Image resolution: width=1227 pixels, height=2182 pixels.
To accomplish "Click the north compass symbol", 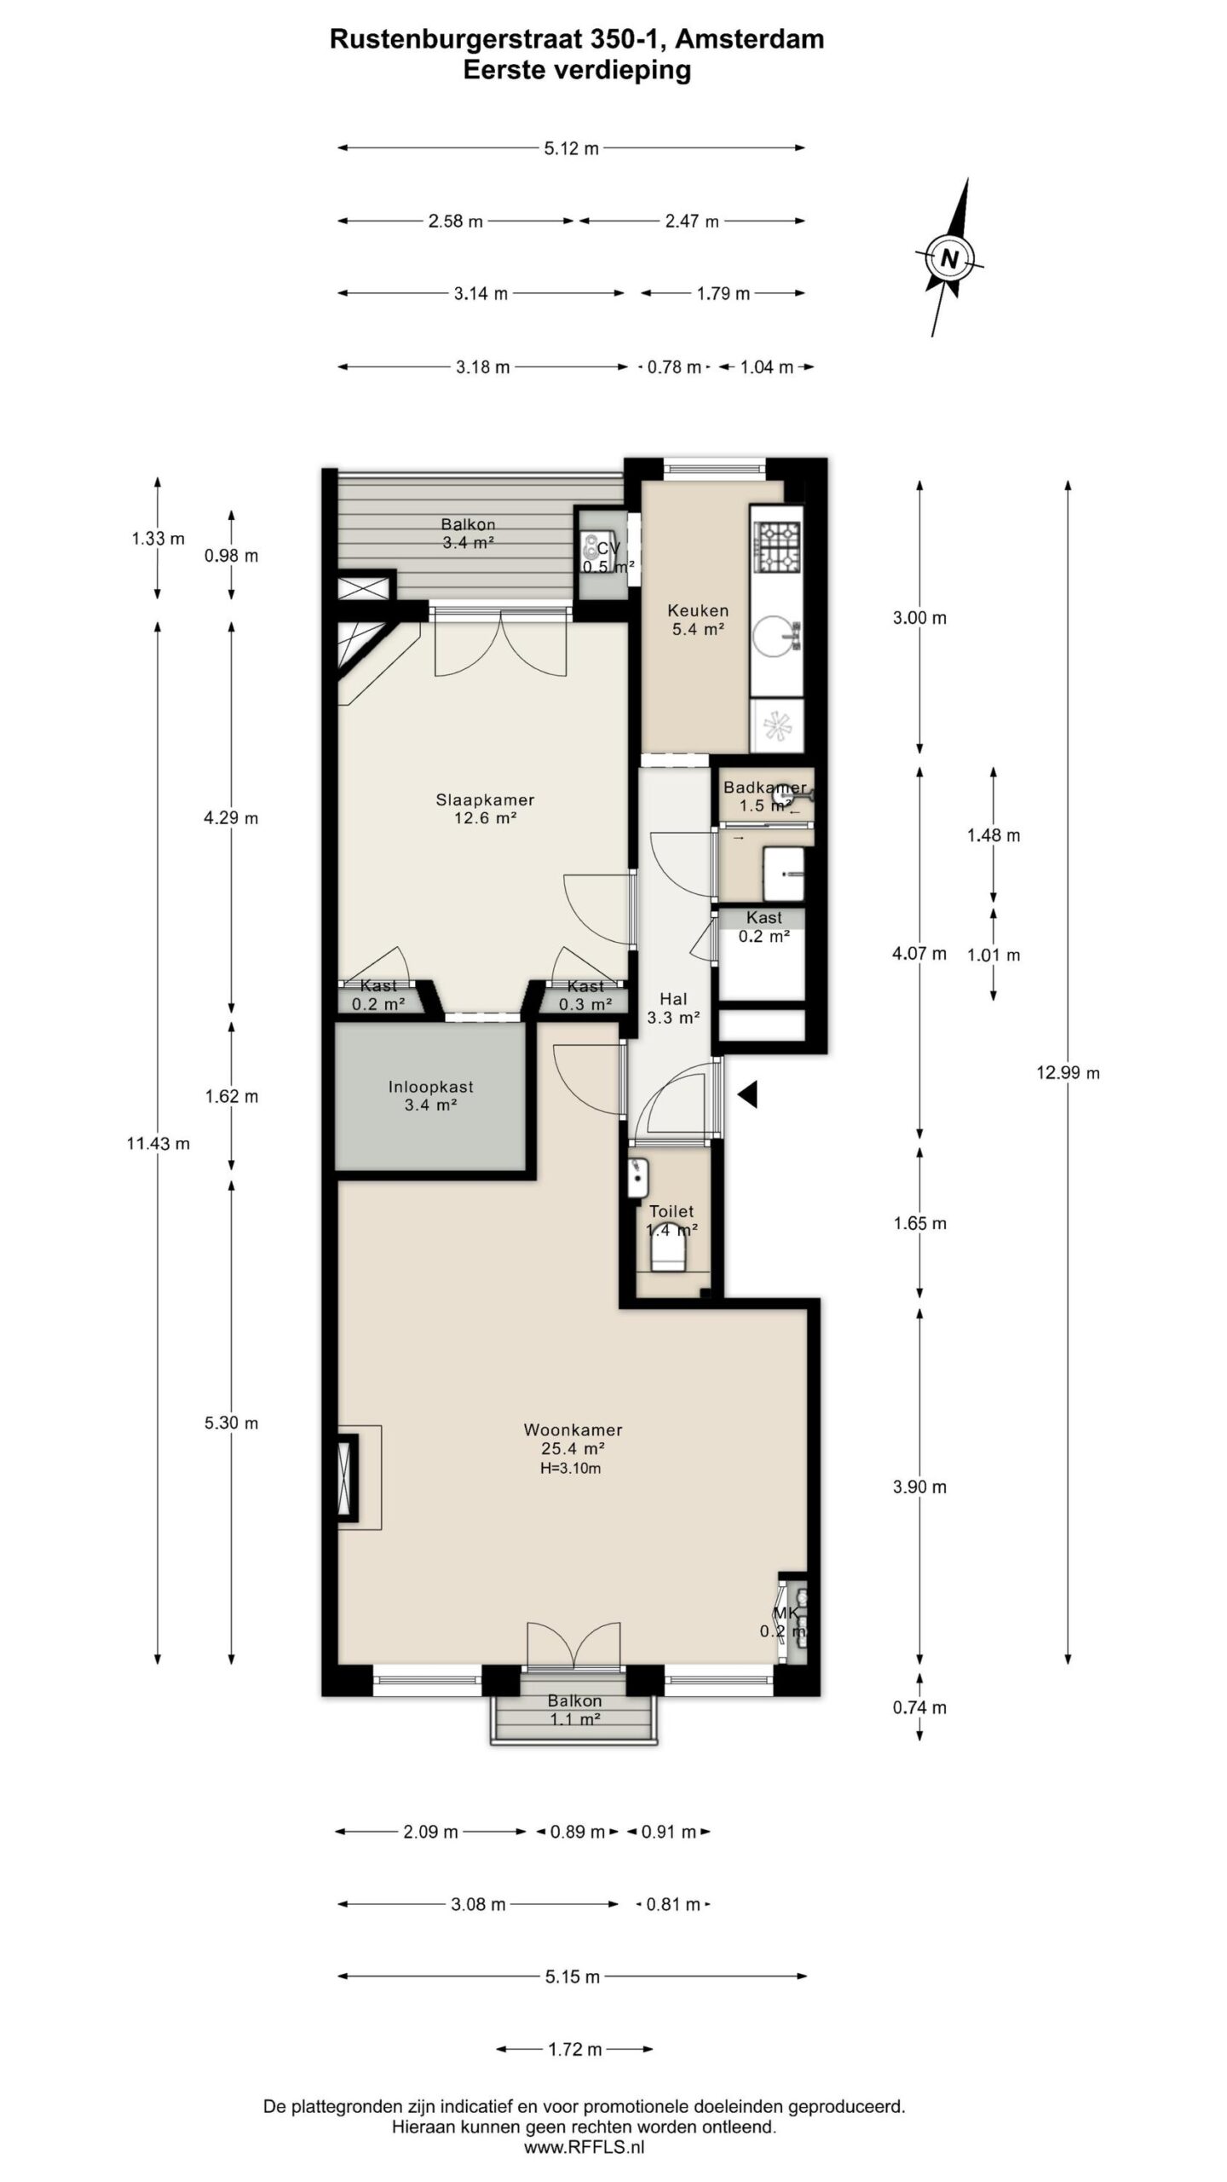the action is point(950,257).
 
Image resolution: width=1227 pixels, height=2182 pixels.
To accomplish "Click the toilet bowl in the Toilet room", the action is point(669,1253).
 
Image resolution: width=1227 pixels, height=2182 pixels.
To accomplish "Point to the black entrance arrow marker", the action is point(747,1094).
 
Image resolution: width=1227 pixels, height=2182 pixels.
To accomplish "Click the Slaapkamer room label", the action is point(485,799).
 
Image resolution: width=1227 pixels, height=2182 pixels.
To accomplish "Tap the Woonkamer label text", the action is point(573,1429).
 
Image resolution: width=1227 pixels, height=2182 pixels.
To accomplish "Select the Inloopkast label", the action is point(430,1087).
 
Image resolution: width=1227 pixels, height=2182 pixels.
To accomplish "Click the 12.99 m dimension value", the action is point(1068,1072).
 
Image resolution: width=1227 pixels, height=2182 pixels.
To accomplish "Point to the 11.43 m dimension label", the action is point(158,1143).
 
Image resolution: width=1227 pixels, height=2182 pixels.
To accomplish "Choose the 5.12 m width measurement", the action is point(571,148).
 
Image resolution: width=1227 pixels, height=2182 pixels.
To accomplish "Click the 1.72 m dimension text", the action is point(575,2049).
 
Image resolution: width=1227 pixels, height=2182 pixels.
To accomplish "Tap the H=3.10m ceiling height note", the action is point(570,1469).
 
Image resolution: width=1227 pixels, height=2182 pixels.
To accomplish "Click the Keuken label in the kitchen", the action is point(698,610).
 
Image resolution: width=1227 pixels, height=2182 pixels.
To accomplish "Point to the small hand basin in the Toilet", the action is point(637,1178).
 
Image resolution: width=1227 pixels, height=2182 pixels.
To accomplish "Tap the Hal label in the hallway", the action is point(673,998).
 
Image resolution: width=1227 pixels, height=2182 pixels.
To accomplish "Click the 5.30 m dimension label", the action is point(231,1423).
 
